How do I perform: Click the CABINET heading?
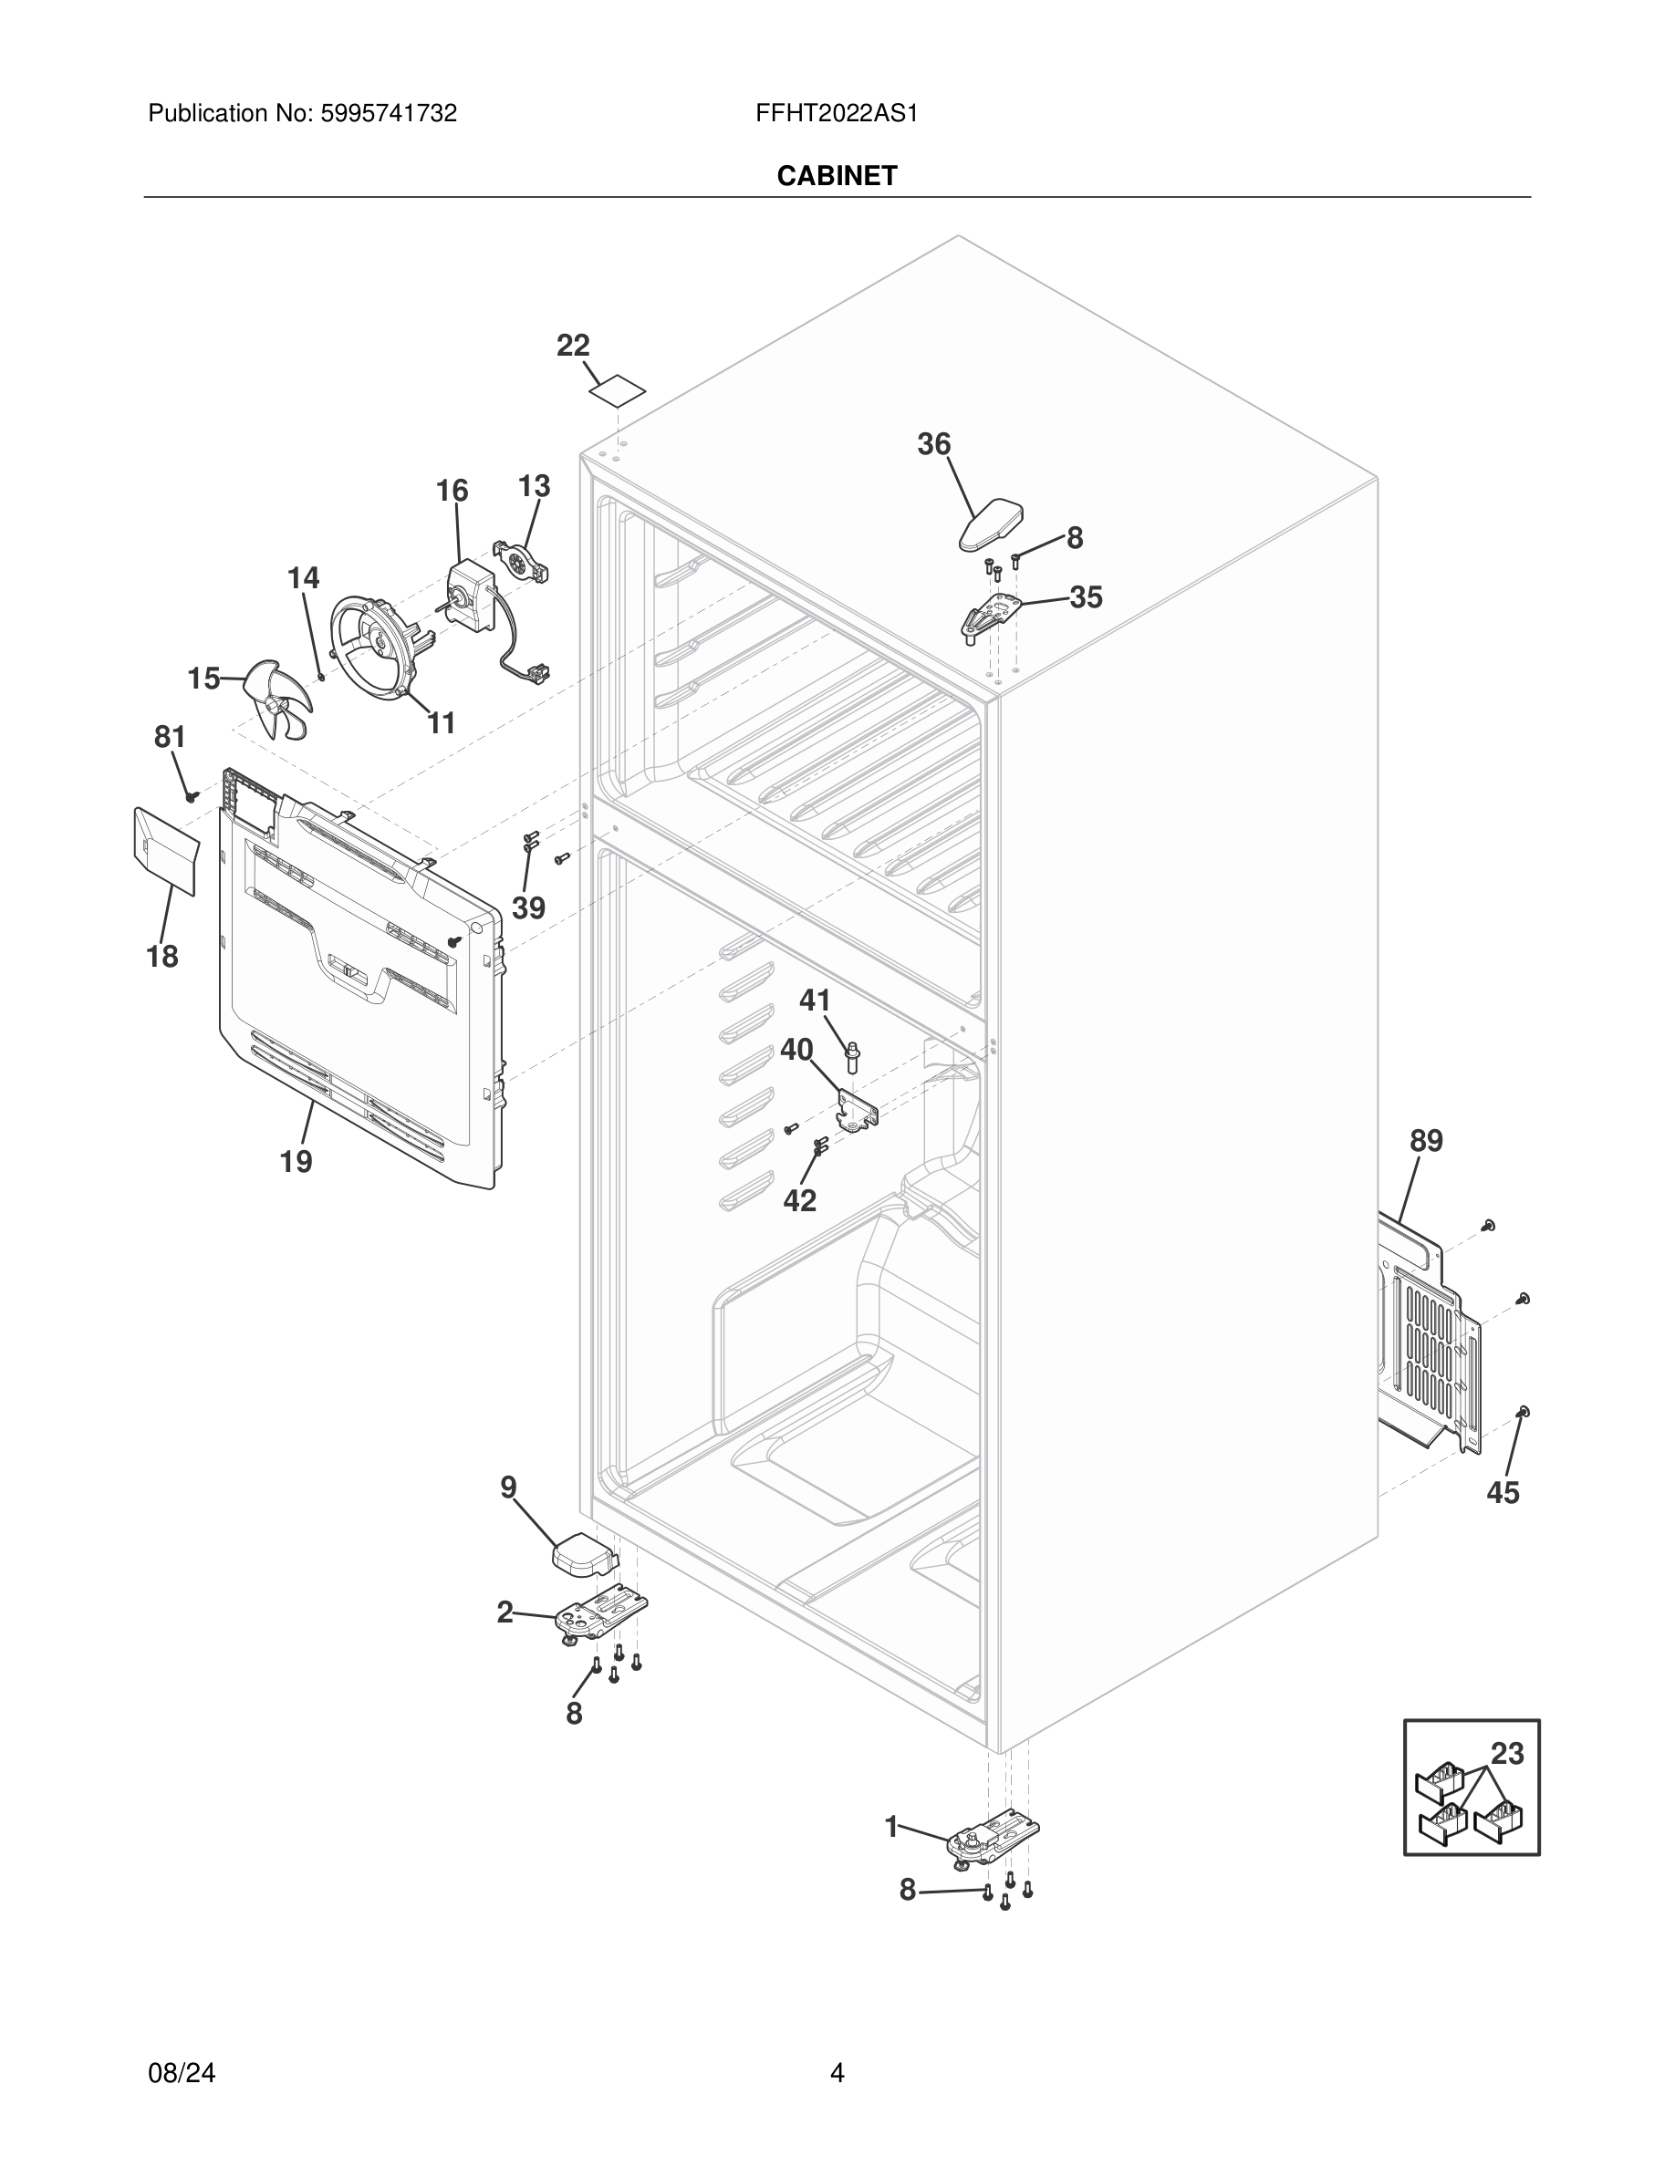837,176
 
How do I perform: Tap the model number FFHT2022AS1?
837,114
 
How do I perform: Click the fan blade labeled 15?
278,699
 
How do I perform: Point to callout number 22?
573,346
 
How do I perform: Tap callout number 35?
1086,597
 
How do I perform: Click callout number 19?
296,1161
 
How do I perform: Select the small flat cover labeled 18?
165,849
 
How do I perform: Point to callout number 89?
1426,1141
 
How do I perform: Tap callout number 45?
1503,1493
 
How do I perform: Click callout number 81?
170,737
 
